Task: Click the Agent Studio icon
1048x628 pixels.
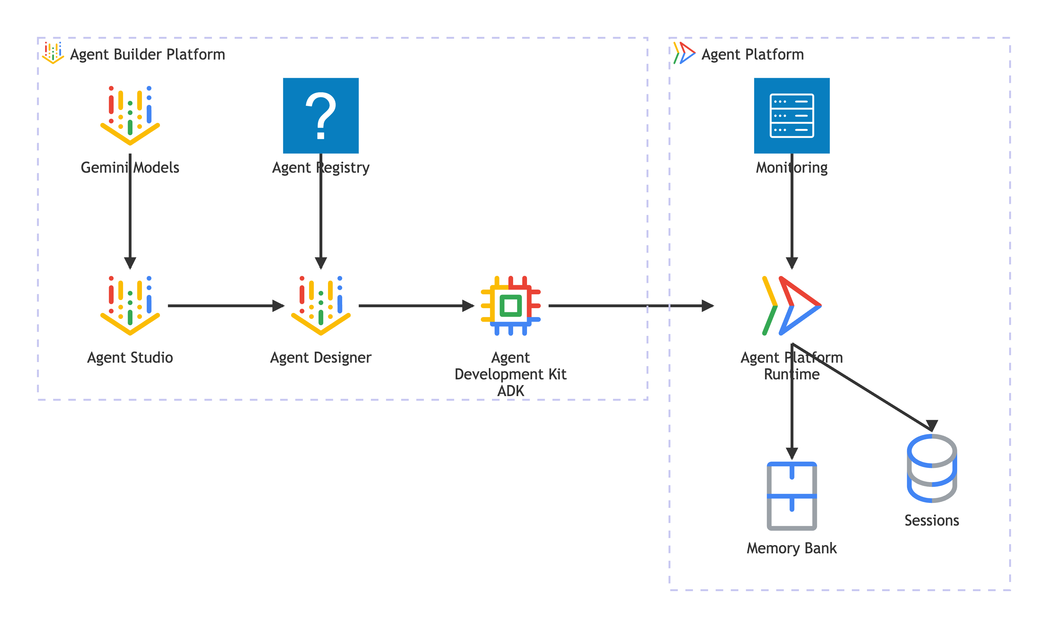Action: click(130, 306)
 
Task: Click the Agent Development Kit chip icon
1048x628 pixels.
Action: click(510, 306)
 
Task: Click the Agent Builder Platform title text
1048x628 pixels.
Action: click(147, 55)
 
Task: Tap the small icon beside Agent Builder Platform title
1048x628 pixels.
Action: click(53, 53)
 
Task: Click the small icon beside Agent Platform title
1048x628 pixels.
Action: click(684, 53)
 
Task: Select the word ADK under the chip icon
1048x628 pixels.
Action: click(510, 391)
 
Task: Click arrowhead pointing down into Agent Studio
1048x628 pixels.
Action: click(130, 263)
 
